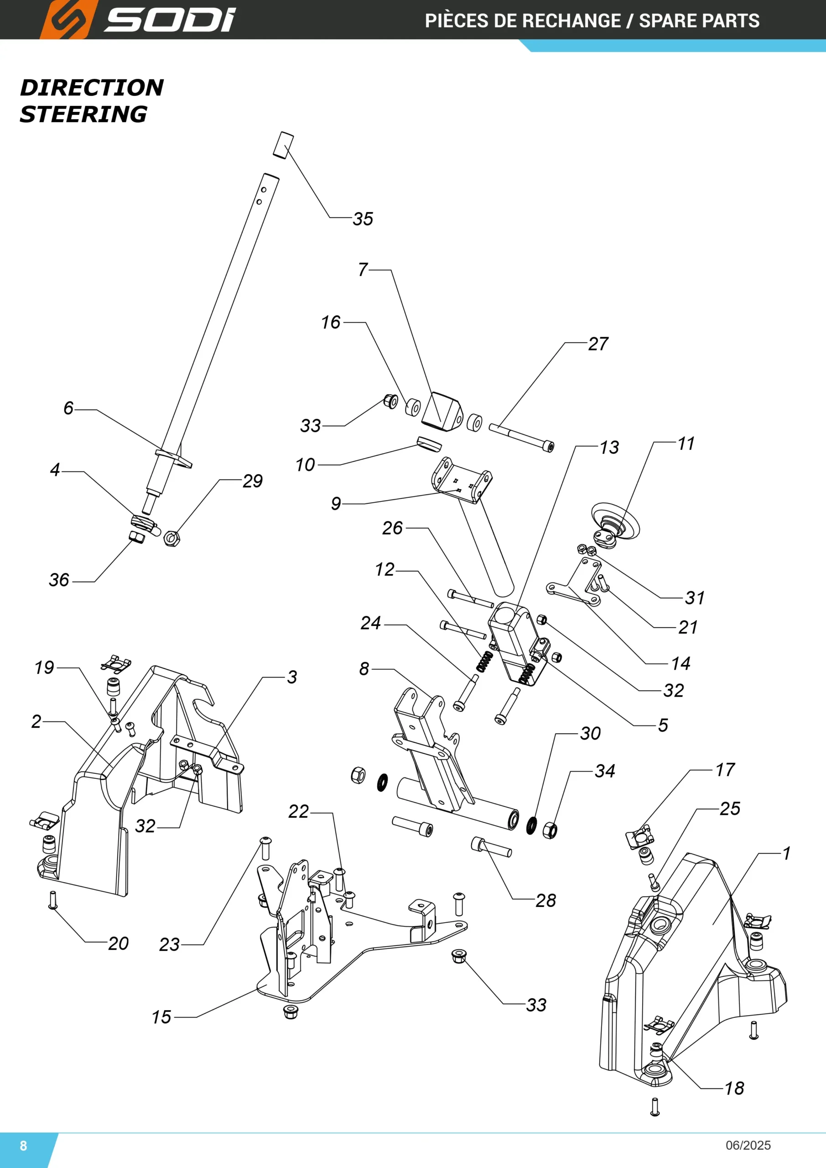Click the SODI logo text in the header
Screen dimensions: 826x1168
tap(170, 21)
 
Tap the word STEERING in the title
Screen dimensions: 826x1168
tap(83, 114)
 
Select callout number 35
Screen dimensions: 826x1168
tap(363, 219)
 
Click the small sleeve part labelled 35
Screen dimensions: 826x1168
tap(283, 145)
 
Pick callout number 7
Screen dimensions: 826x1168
tap(363, 269)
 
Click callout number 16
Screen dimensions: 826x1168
tap(331, 322)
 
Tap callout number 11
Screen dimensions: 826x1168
tap(686, 443)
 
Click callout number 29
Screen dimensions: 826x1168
tap(252, 481)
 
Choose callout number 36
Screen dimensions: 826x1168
tap(59, 579)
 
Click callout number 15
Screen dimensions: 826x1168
tap(161, 1017)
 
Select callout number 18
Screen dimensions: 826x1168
tap(734, 1088)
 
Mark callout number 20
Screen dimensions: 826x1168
tap(118, 944)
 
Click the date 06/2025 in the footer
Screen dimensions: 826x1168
tap(748, 1145)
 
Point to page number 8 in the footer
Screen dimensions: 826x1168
tap(23, 1145)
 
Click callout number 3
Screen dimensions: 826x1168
tap(292, 677)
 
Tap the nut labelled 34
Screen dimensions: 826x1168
tap(550, 830)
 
